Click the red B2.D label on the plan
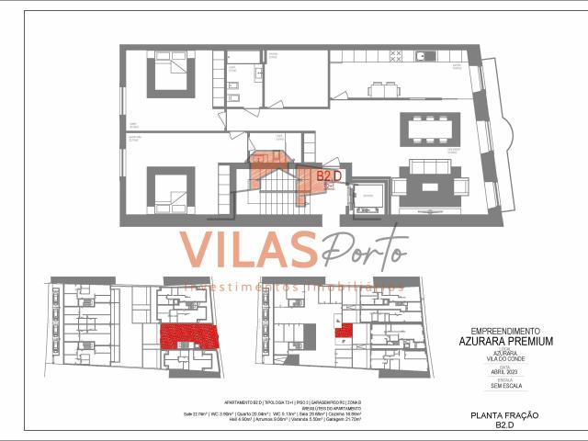(329, 175)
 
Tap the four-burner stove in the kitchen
(396, 55)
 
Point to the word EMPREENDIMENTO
(505, 331)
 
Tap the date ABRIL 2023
(505, 370)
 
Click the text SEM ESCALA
(505, 385)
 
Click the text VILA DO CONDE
(505, 357)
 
